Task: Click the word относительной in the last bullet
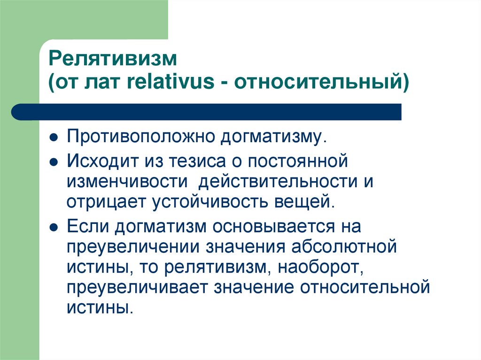tap(365, 287)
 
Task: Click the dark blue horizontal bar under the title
tap(207, 112)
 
